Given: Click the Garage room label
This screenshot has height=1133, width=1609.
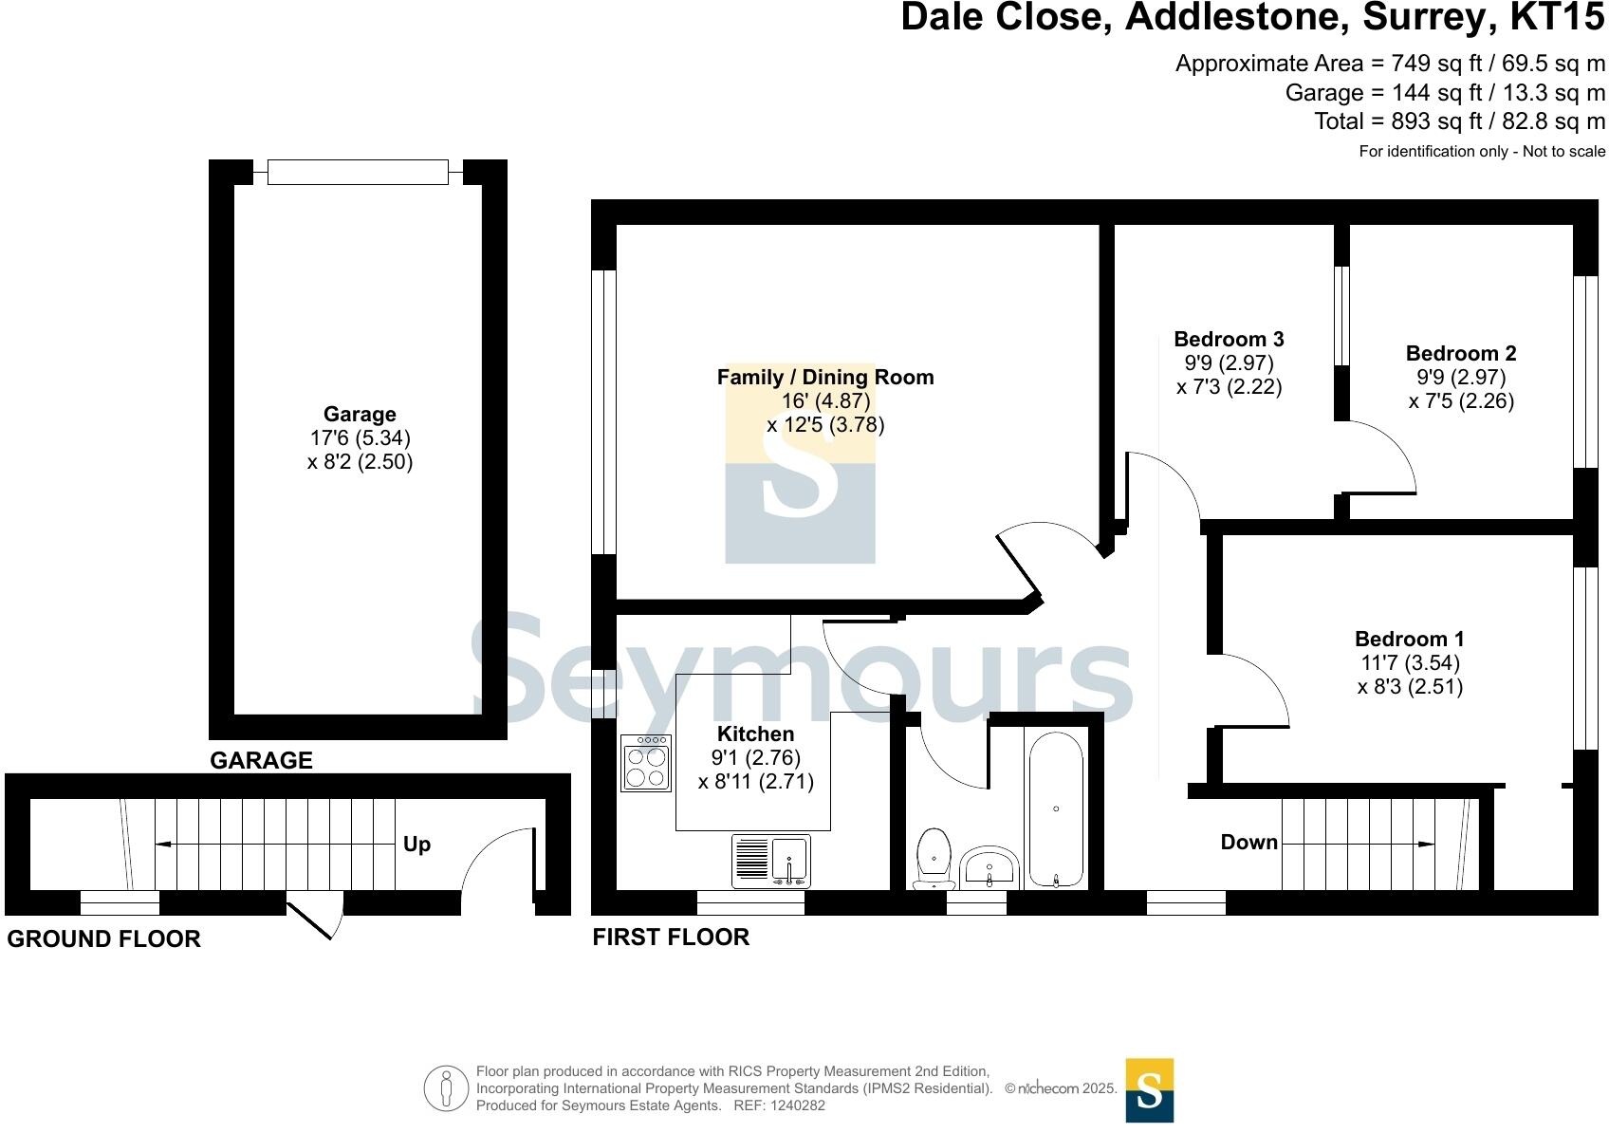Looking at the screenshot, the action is [360, 415].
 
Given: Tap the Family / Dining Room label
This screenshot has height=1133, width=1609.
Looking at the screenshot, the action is [824, 378].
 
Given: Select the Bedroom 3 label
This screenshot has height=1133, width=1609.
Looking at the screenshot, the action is [1229, 340].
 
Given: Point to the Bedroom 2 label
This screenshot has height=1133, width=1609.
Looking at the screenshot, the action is [1460, 354].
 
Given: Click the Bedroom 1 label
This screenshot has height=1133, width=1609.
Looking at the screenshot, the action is [1409, 640].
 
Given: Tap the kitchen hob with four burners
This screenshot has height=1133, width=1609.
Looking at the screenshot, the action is [645, 763].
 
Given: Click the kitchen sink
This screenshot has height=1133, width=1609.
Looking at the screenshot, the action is [770, 861].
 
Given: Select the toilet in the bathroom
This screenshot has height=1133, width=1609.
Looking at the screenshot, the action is [934, 857].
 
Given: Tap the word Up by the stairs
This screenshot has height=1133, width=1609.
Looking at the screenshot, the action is [417, 845].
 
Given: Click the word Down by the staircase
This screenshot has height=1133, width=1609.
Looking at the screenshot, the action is [1248, 843].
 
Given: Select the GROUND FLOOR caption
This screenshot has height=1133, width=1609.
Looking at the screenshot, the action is [103, 939].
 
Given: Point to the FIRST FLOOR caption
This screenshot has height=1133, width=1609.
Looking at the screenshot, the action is [671, 938].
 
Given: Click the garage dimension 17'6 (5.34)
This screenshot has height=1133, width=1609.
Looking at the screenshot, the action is [360, 438].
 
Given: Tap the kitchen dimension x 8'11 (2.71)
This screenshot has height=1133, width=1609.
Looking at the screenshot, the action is [755, 782].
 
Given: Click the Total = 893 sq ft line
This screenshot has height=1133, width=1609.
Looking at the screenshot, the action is [1459, 121].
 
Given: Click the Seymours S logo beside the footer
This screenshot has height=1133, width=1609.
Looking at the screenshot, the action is [1149, 1090].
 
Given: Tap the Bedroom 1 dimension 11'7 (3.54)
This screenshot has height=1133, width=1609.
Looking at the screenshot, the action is [1409, 663].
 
